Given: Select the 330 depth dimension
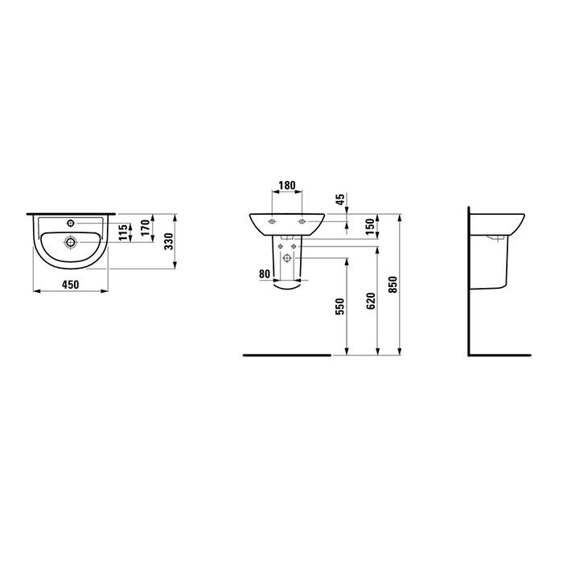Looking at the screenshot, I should coord(170,242).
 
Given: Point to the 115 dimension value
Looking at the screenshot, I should coord(122,233).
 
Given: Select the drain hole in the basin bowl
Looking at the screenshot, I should coord(72,240).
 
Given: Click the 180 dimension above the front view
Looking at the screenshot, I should coord(286,186).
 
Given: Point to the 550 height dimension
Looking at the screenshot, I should coord(340,306).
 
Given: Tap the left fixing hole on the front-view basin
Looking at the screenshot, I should coord(273,221).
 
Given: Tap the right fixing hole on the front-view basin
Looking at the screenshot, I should coord(302,221).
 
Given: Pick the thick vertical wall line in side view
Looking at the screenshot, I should coord(470,281).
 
